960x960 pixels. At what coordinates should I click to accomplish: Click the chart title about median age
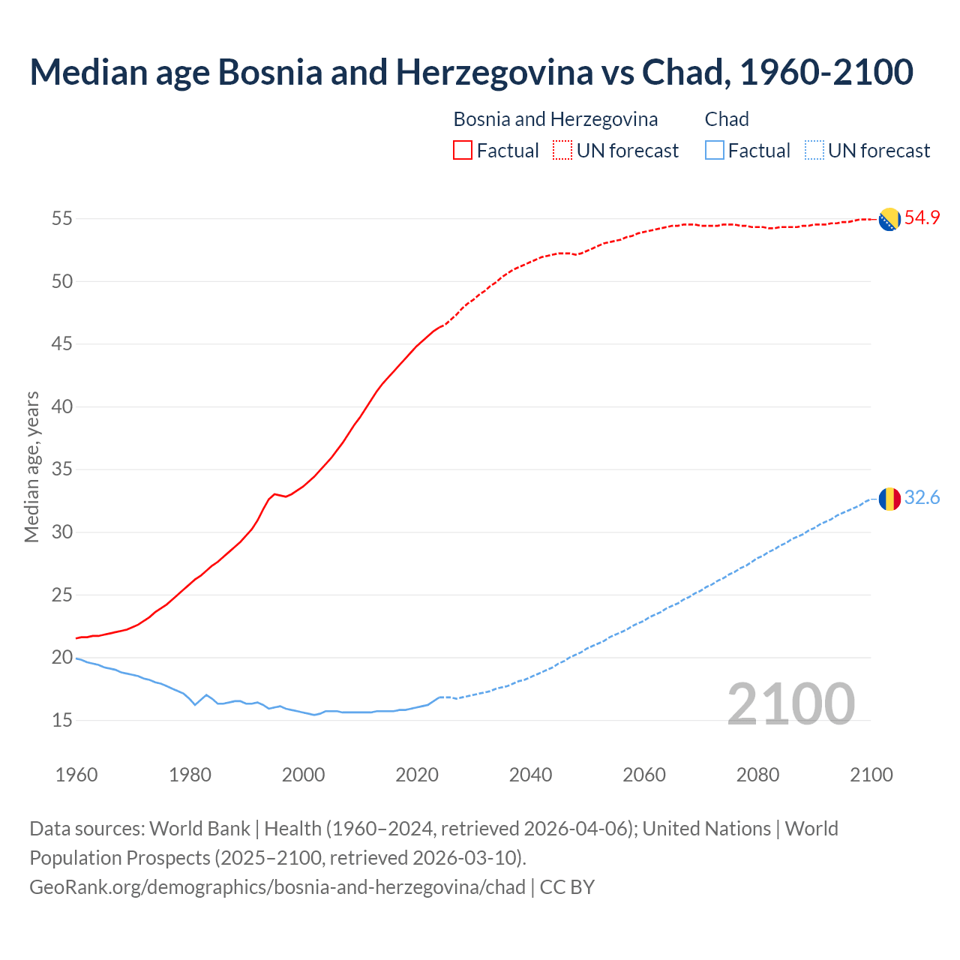[x=471, y=72]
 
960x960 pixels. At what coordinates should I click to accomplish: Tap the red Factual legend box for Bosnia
[x=463, y=151]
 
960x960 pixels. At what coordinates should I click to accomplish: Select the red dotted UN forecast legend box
[x=562, y=151]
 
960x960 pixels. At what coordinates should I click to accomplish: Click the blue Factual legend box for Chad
[x=715, y=151]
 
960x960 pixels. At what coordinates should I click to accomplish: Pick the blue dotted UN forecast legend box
[x=814, y=151]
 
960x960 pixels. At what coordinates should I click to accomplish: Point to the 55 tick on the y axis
[x=61, y=219]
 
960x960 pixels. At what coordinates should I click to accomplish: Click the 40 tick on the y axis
[x=61, y=407]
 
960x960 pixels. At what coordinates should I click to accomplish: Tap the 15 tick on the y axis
[x=61, y=721]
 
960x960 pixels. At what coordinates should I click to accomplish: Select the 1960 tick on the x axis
[x=76, y=775]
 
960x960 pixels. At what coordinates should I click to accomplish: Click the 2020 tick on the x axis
[x=417, y=775]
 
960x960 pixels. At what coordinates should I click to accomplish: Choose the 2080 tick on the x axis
[x=757, y=775]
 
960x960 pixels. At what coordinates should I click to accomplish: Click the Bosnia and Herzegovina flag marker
[x=889, y=219]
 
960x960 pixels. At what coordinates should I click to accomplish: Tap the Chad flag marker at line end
[x=889, y=499]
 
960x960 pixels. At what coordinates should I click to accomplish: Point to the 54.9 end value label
[x=922, y=218]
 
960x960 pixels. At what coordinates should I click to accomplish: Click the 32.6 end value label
[x=922, y=498]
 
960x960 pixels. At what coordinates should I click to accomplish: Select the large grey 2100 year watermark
[x=790, y=703]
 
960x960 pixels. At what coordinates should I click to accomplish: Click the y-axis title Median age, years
[x=31, y=466]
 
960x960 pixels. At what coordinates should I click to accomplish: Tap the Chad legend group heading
[x=727, y=119]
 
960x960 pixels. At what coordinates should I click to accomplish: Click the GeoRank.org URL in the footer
[x=277, y=887]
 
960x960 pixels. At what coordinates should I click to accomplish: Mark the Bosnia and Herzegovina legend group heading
[x=556, y=119]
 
